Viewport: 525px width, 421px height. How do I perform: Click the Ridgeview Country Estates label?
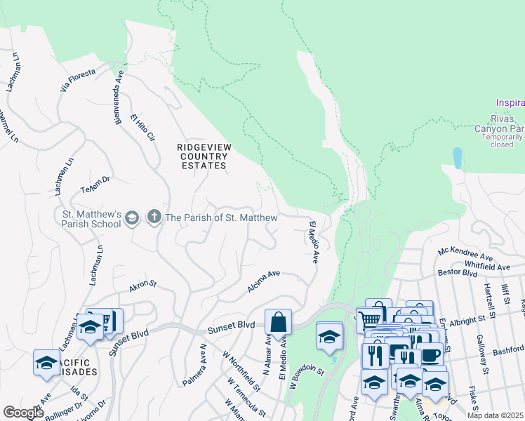204,156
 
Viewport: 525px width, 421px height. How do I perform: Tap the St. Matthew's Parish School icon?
131,219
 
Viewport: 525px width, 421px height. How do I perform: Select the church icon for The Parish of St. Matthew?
154,218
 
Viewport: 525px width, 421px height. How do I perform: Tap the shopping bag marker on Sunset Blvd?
279,323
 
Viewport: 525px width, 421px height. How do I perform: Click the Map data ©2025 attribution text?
495,415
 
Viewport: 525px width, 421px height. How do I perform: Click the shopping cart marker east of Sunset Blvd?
368,320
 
